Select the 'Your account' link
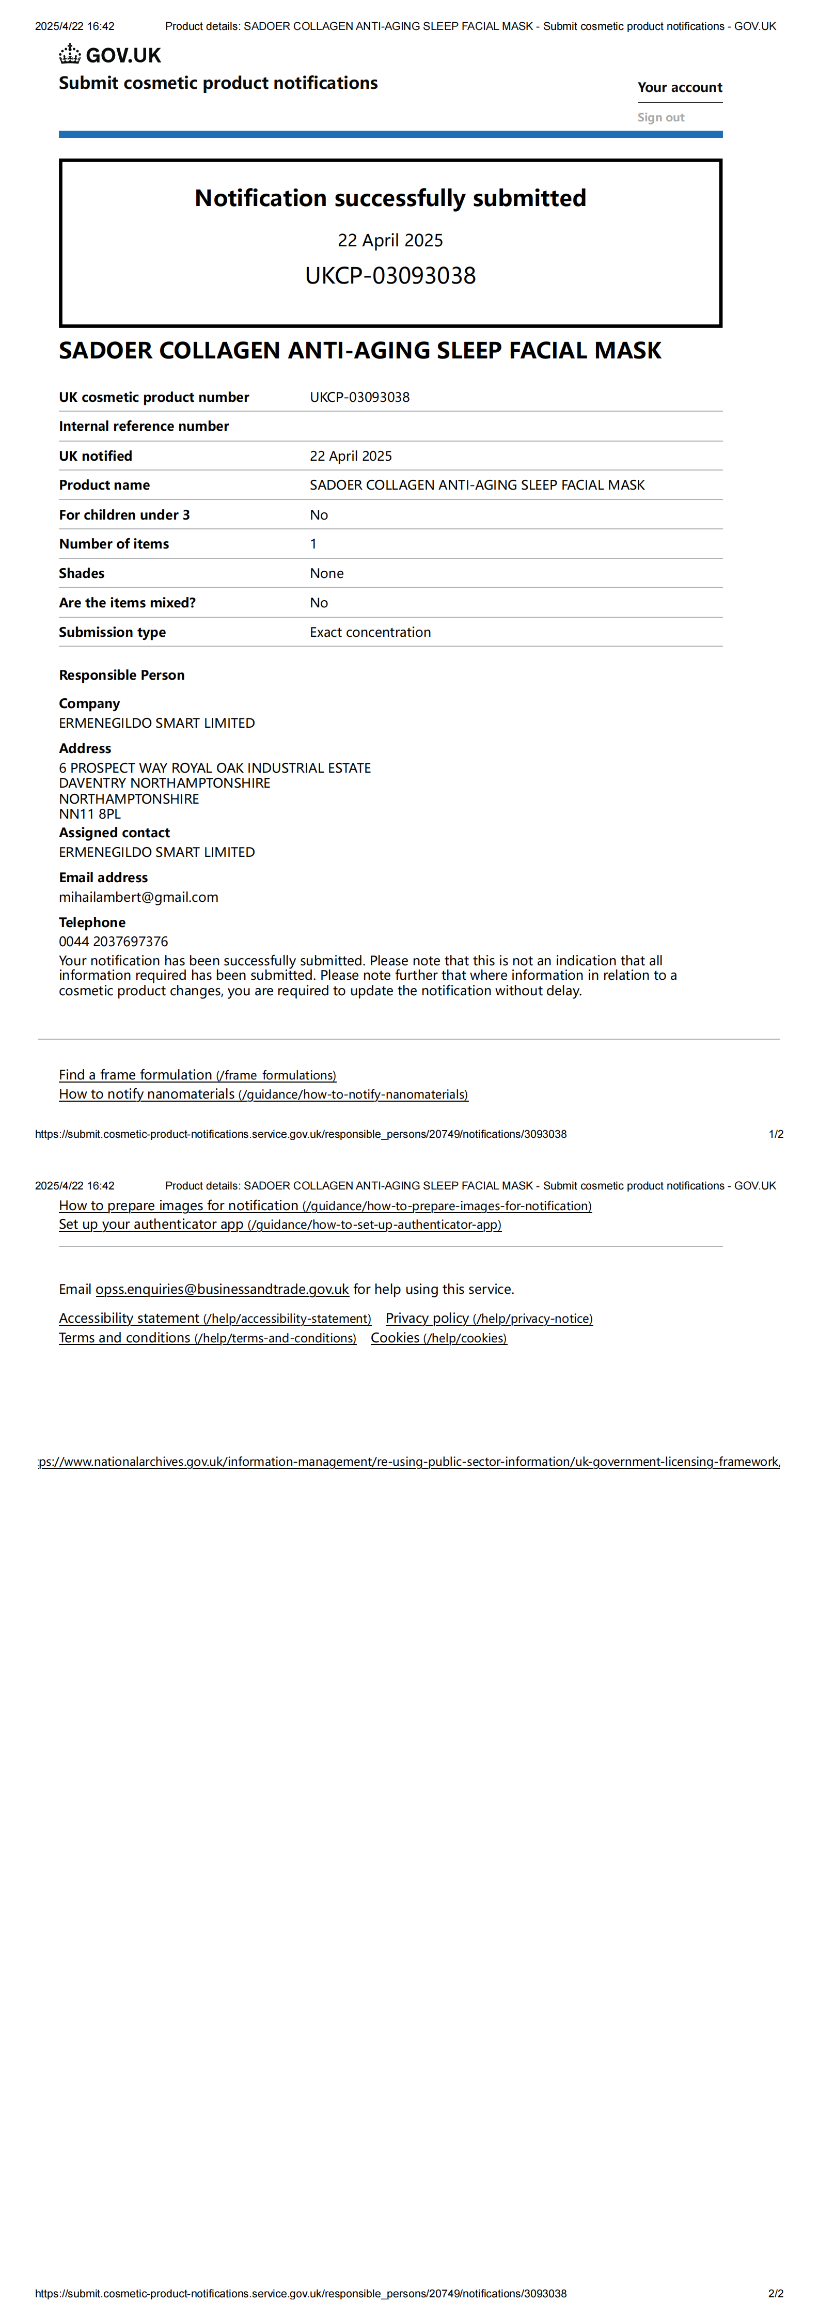click(680, 87)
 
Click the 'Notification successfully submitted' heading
click(390, 198)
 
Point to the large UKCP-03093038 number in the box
click(390, 275)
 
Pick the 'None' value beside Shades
click(327, 573)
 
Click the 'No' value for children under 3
click(319, 515)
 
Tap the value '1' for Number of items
click(313, 543)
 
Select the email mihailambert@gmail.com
click(138, 897)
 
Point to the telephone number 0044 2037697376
click(114, 941)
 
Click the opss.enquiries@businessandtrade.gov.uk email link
click(222, 1290)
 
